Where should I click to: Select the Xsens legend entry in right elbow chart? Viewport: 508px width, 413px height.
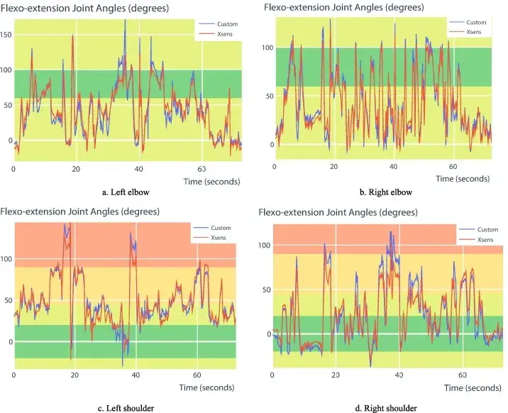(x=475, y=32)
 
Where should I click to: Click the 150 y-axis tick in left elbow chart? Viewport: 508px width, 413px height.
(x=6, y=33)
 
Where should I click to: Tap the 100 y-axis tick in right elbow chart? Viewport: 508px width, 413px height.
(x=267, y=48)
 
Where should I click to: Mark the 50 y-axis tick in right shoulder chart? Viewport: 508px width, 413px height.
(x=265, y=290)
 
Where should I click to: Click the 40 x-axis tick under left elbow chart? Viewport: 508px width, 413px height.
(x=139, y=170)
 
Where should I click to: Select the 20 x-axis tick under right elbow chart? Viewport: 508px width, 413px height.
(x=333, y=165)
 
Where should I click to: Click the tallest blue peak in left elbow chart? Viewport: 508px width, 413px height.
(x=125, y=21)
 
